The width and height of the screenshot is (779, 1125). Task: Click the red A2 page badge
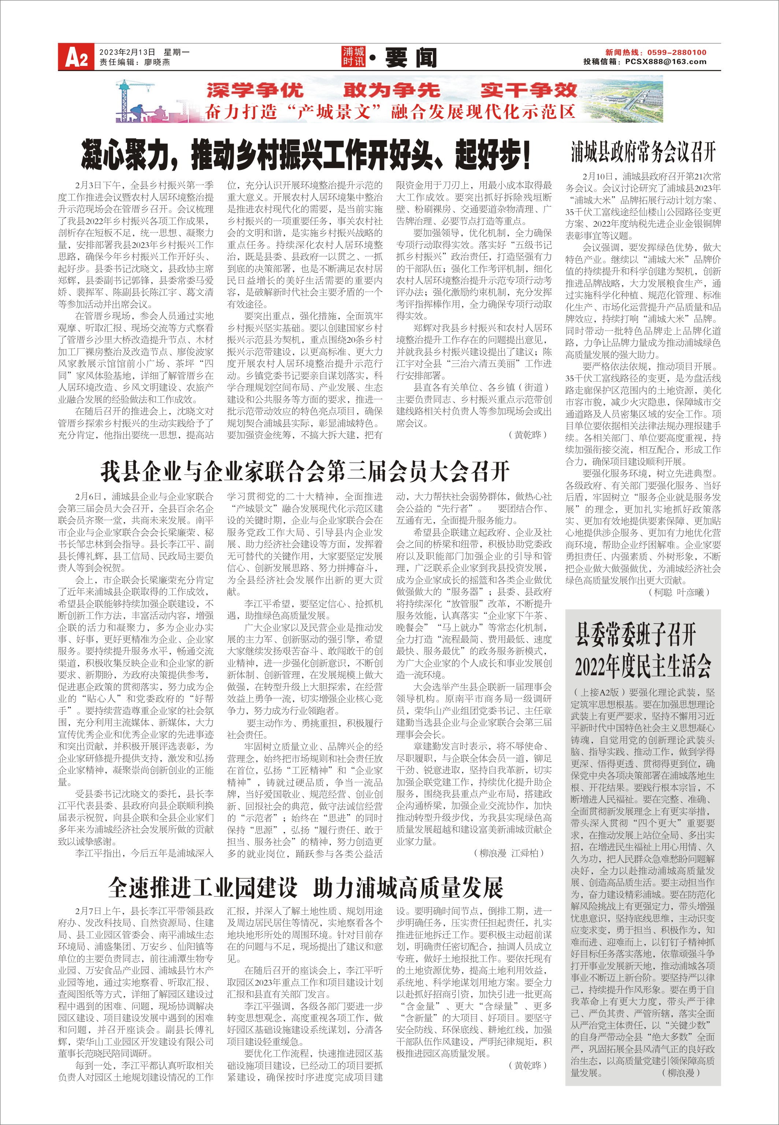click(x=76, y=57)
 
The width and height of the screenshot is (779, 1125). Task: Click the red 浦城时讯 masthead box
click(x=353, y=57)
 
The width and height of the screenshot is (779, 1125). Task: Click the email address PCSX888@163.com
click(x=665, y=62)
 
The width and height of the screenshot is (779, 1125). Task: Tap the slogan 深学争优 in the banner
click(x=255, y=90)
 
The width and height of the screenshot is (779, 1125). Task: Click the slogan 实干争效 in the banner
click(x=528, y=90)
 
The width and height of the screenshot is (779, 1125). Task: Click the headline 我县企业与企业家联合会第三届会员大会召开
click(x=305, y=471)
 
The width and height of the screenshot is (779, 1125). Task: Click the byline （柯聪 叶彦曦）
click(x=678, y=593)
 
